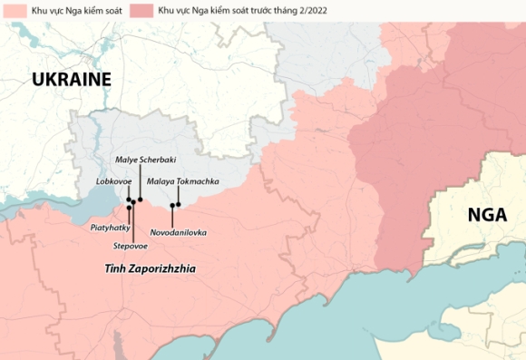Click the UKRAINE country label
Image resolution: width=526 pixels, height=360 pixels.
pos(71,80)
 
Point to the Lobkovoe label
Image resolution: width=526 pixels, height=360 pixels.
pos(114,181)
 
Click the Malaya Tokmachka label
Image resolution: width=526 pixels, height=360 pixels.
pos(183,181)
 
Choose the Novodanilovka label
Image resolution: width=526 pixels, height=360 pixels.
pos(178,232)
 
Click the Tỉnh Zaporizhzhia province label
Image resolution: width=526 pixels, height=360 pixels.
pos(150,269)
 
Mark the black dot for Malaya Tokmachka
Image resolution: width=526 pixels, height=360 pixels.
pos(179,204)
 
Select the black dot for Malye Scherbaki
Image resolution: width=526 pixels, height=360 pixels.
pos(141,199)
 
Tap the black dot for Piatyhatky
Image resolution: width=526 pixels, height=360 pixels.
pos(129,208)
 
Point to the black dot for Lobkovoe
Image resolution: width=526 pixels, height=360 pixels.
pos(129,199)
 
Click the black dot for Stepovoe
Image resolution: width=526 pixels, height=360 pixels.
pos(133,202)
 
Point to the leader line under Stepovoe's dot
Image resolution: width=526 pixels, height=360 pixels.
pos(133,222)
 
